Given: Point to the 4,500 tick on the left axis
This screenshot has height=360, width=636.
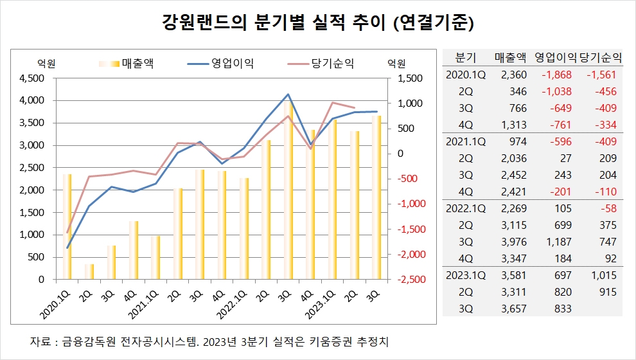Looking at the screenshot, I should pyautogui.click(x=33, y=78).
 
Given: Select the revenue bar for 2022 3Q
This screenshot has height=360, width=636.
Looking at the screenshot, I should pyautogui.click(x=288, y=193).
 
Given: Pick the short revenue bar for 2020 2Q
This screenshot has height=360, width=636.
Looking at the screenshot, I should pyautogui.click(x=89, y=271).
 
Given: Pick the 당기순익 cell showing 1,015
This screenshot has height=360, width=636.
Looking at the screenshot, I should pyautogui.click(x=604, y=275).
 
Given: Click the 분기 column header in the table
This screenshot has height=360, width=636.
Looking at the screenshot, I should pyautogui.click(x=464, y=57).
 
